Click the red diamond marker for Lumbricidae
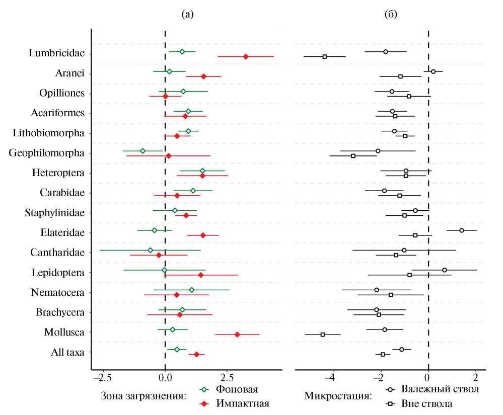tap(246, 56)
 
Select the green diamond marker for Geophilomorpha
tap(143, 151)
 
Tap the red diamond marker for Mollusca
tap(237, 335)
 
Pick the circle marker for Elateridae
tap(461, 230)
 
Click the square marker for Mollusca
tap(323, 335)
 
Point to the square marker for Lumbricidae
tap(325, 56)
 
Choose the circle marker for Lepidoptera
tap(445, 270)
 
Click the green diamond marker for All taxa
tap(177, 349)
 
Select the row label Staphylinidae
tap(54, 213)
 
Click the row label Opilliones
tap(62, 94)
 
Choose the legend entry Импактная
tap(242, 403)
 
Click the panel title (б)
tap(390, 15)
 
